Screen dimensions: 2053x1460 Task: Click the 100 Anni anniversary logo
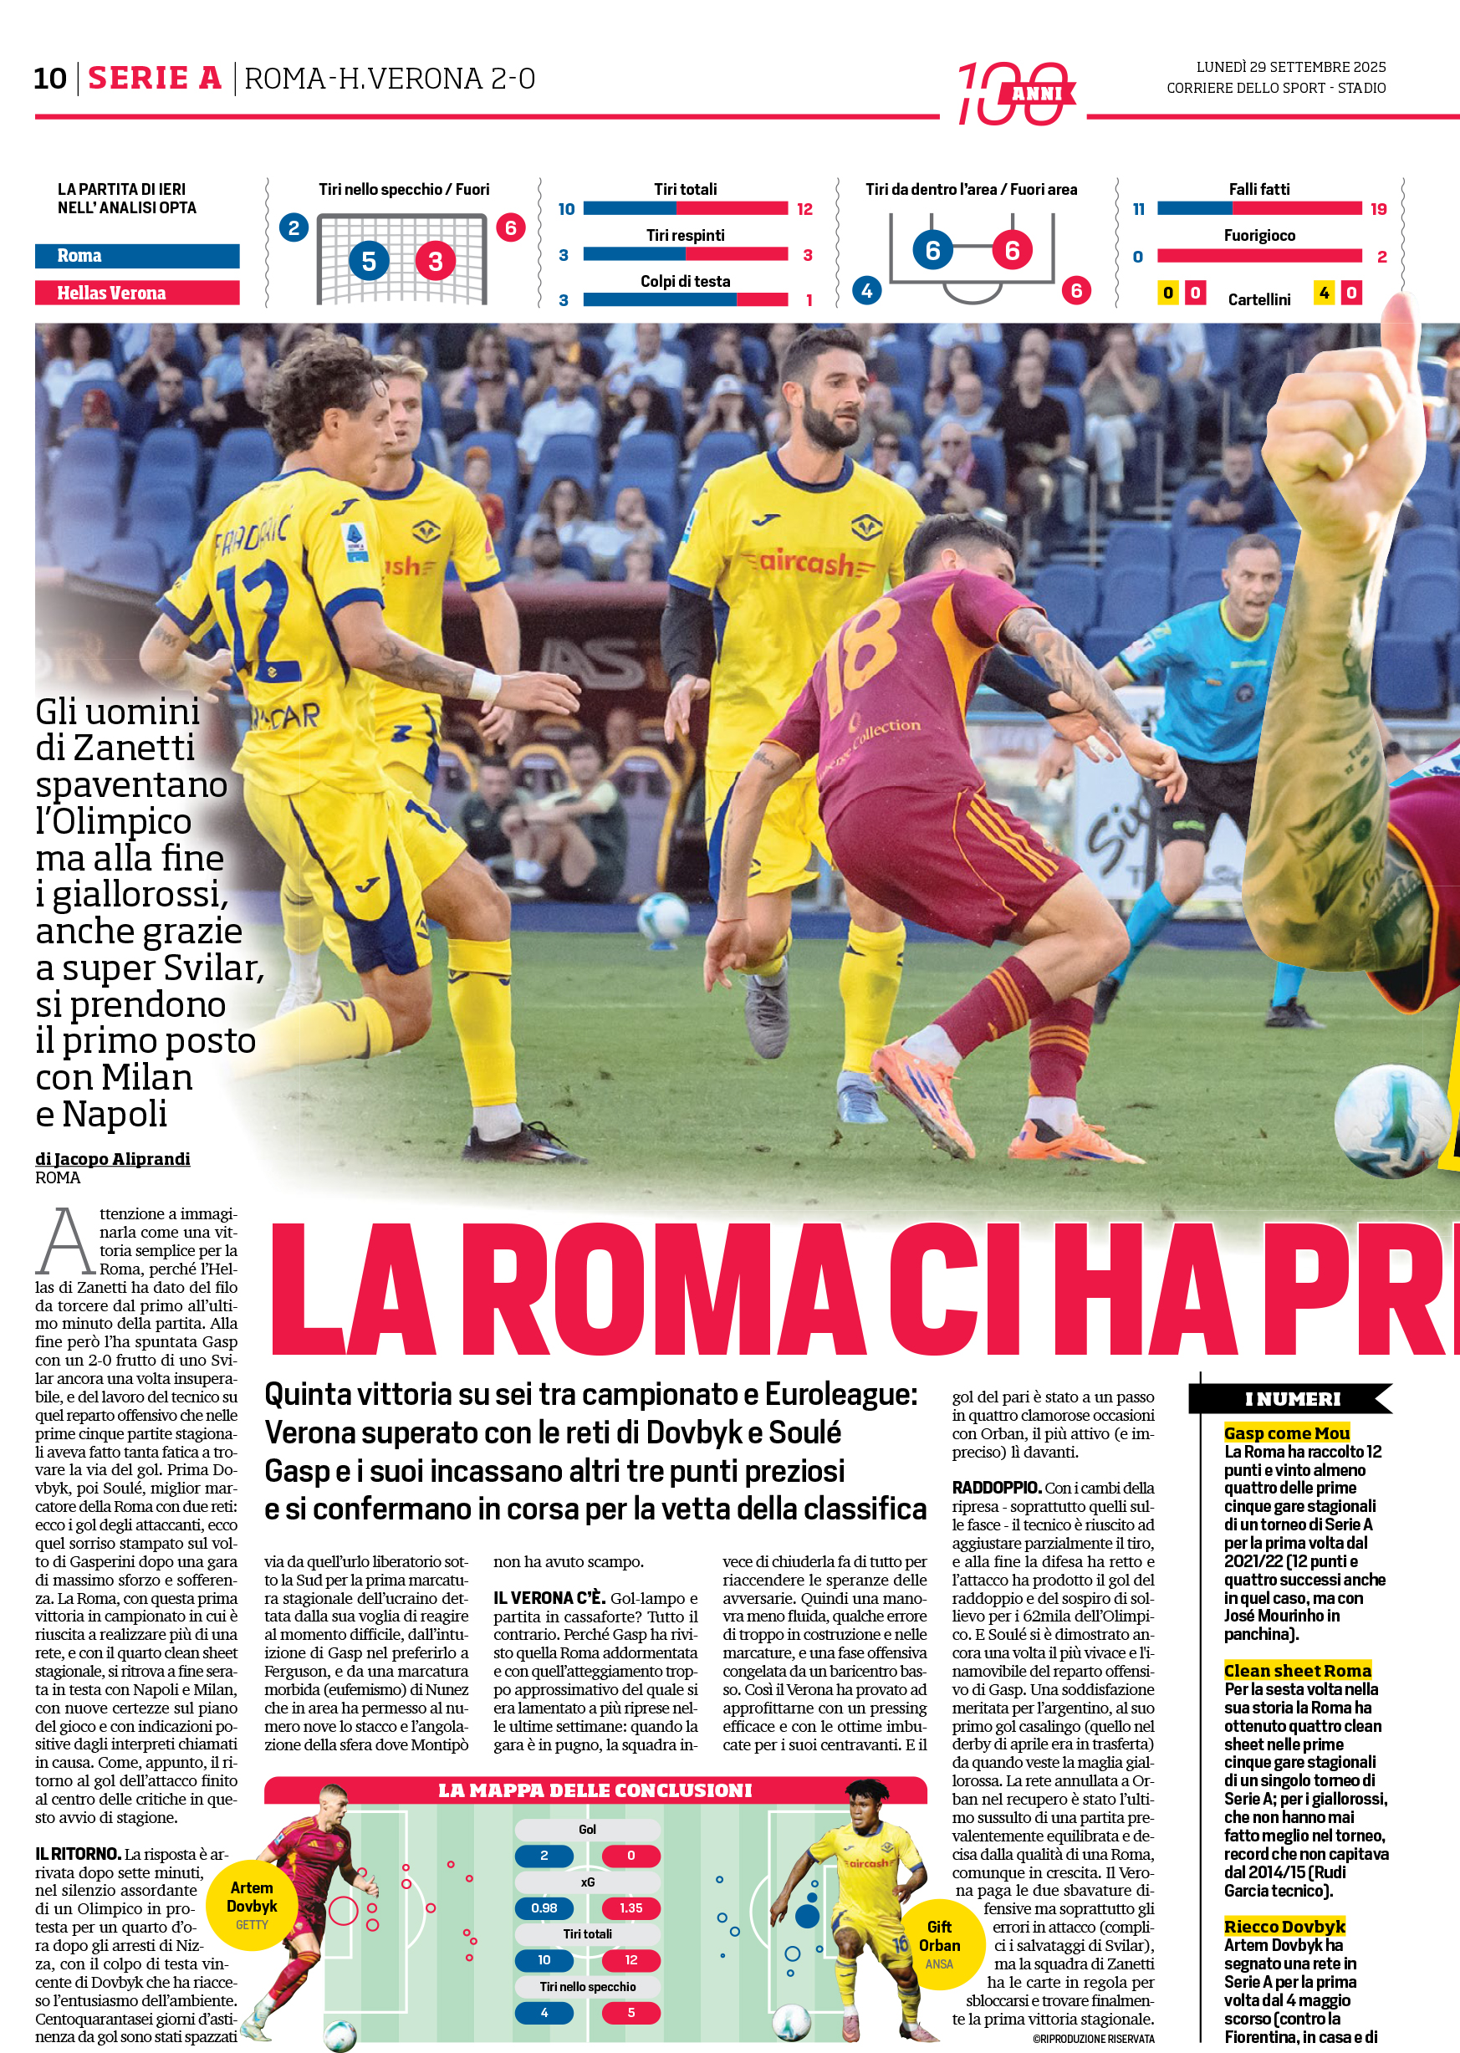pyautogui.click(x=1015, y=93)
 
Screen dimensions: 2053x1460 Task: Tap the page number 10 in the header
pyautogui.click(x=50, y=79)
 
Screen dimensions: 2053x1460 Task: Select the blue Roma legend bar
pyautogui.click(x=136, y=256)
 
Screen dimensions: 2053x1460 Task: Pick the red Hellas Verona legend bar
pyautogui.click(x=136, y=293)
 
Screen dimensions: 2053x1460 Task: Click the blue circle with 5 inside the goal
pyautogui.click(x=369, y=262)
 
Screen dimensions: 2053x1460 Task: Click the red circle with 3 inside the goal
pyautogui.click(x=435, y=262)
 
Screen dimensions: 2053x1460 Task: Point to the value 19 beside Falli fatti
pyautogui.click(x=1378, y=209)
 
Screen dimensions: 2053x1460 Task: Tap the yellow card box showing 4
pyautogui.click(x=1324, y=293)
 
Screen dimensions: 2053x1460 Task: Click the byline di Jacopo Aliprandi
pyautogui.click(x=112, y=1159)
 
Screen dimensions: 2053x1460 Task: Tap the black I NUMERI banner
pyautogui.click(x=1291, y=1398)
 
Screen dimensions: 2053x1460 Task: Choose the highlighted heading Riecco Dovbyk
pyautogui.click(x=1284, y=1926)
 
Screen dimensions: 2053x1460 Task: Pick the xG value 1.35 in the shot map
pyautogui.click(x=630, y=1907)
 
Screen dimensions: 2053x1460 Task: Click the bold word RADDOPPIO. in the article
pyautogui.click(x=996, y=1488)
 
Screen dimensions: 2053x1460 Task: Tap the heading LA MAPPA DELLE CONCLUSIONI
pyautogui.click(x=595, y=1790)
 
